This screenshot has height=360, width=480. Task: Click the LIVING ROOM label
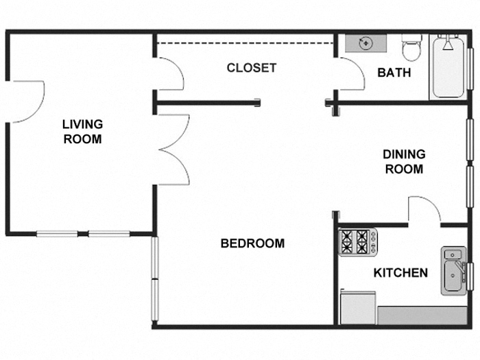pos(82,132)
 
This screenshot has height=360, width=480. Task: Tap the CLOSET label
pos(252,68)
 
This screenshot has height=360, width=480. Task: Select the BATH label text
pos(394,72)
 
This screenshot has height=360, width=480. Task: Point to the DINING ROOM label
pos(403,162)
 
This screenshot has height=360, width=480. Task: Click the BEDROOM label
pos(252,243)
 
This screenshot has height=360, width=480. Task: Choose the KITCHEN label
pos(400,273)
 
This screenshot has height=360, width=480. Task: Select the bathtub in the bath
pos(448,69)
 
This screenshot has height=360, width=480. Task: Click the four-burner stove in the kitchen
pos(357,241)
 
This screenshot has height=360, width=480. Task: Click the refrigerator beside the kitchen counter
pos(357,307)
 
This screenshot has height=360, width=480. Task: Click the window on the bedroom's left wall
pos(155,278)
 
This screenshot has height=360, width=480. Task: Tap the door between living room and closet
pos(169,74)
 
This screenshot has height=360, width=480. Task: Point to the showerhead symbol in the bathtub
pos(448,45)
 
